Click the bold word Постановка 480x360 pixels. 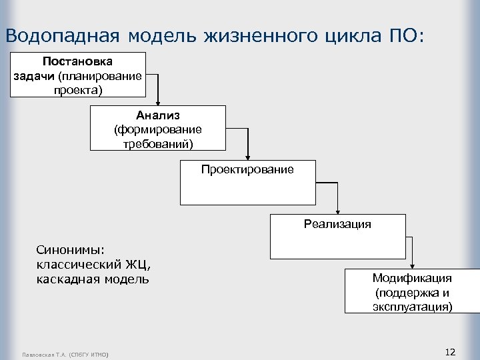tap(77, 61)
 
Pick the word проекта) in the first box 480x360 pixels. tap(77, 89)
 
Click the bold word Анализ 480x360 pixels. tap(158, 115)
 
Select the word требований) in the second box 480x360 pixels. tap(158, 143)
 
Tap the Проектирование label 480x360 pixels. tap(247, 169)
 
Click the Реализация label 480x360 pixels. tap(337, 224)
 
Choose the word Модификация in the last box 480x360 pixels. tap(412, 278)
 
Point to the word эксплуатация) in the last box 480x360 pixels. tap(412, 306)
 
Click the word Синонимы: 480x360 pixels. tap(70, 250)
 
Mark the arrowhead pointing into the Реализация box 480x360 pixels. tap(337, 211)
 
